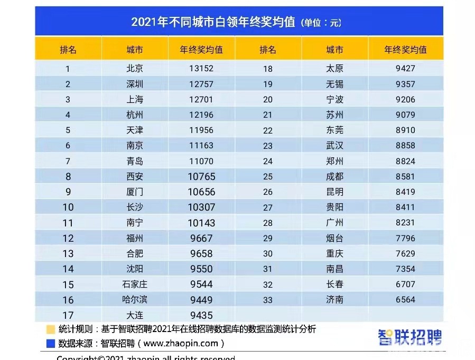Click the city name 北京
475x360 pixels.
pos(135,68)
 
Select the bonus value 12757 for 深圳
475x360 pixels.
pos(201,84)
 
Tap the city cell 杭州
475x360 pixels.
pos(135,115)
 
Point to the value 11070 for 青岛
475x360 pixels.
pos(201,160)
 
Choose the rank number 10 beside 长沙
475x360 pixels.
pos(68,207)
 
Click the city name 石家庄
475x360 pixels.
pos(135,284)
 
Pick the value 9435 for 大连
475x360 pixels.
pos(201,315)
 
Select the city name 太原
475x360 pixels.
pos(335,68)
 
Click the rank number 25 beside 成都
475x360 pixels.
pos(267,176)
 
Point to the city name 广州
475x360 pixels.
pos(335,222)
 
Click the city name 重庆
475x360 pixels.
pos(335,253)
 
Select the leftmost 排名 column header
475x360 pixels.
pos(68,50)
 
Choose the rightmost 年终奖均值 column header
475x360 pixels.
pos(405,50)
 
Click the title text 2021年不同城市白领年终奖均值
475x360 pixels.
pos(213,22)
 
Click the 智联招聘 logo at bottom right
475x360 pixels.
pos(409,337)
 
